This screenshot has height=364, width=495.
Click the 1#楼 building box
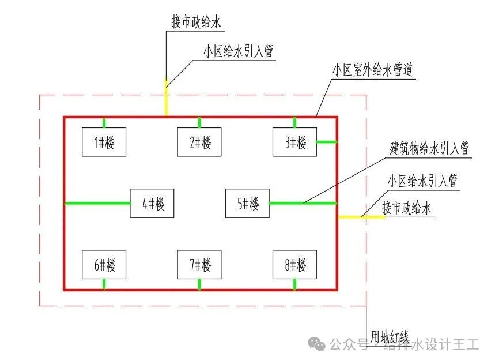104,142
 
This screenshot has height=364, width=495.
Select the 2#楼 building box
199,142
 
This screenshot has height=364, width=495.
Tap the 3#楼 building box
294,142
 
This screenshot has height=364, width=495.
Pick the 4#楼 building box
152,203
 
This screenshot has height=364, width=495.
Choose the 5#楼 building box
247,203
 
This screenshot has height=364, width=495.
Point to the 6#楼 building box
104,265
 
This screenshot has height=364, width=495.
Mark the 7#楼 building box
199,265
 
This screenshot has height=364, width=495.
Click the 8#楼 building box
294,265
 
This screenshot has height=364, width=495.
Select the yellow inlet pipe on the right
360,217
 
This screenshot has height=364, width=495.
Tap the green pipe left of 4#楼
97,203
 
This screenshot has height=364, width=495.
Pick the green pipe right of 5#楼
303,203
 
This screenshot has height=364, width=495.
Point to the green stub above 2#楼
199,122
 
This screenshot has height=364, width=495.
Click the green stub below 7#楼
199,284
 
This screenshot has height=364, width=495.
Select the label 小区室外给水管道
372,72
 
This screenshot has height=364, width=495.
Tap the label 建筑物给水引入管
429,148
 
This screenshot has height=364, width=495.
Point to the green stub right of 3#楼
327,141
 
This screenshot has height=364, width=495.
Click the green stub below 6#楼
104,284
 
